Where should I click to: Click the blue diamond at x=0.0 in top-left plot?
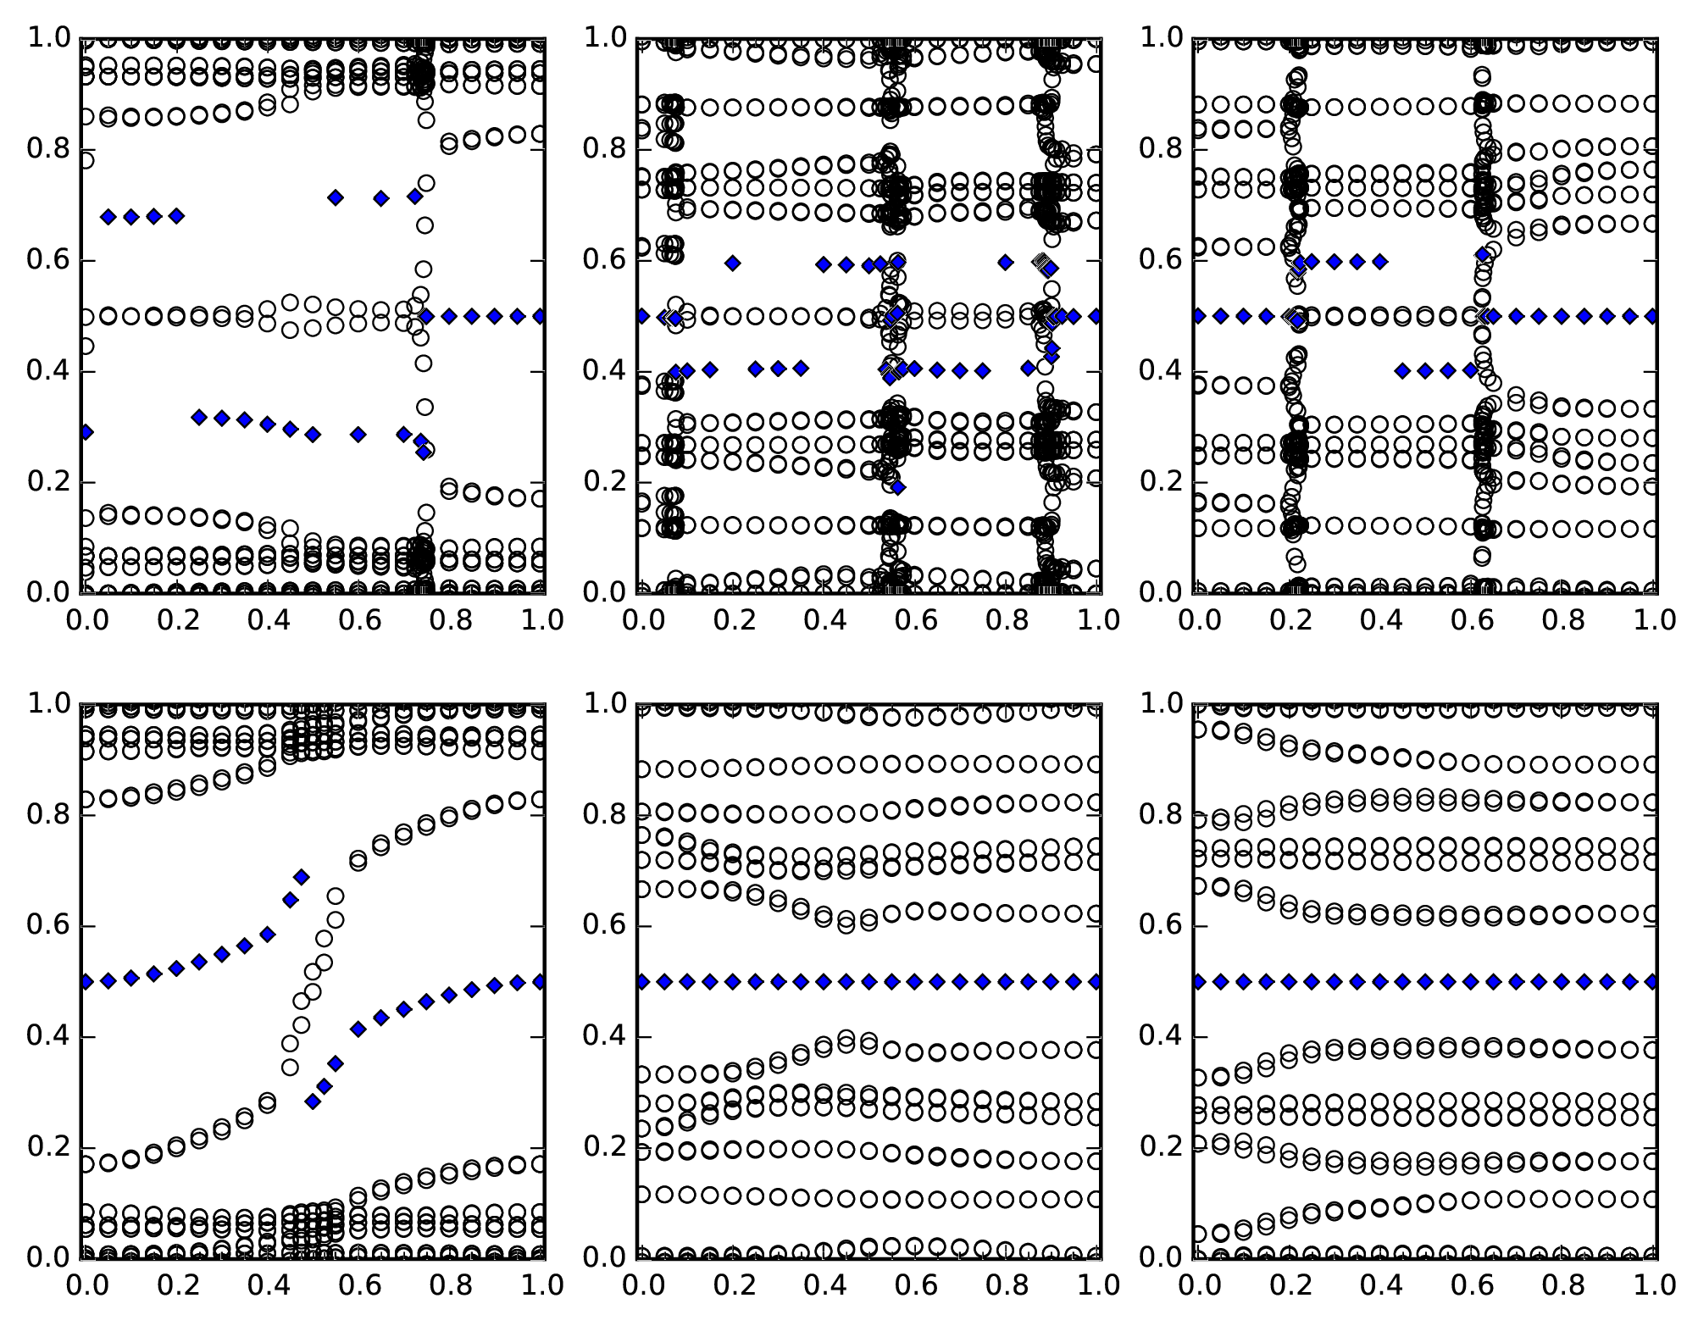coord(86,432)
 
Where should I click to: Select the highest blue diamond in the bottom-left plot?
coord(301,877)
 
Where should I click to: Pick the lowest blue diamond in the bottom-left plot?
coord(313,1101)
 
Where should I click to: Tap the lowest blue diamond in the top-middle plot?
coord(898,487)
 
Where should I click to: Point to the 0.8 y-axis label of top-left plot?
coord(51,150)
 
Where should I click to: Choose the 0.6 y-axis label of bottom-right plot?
coord(1163,927)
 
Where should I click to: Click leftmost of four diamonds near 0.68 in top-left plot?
coord(108,217)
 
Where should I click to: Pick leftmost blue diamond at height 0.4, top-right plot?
coord(1402,370)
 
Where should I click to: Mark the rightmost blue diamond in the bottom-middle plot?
coord(1096,982)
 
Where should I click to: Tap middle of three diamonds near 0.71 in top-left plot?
coord(381,198)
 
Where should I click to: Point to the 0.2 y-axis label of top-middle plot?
coord(607,482)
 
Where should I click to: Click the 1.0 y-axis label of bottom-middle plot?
coord(607,703)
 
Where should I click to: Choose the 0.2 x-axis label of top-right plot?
coord(1289,620)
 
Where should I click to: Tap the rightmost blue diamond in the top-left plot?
coord(540,316)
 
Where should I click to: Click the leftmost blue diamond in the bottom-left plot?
coord(86,982)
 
